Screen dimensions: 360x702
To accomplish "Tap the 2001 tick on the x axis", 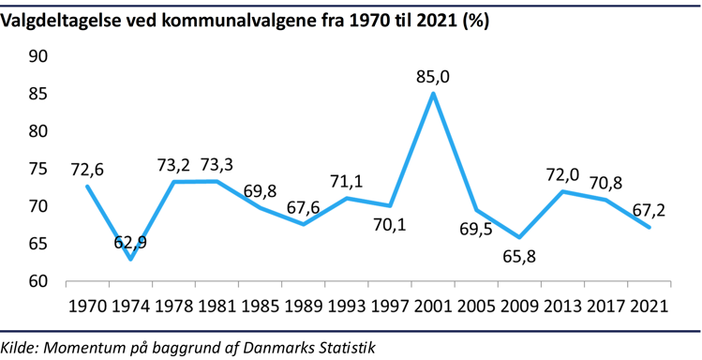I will (433, 308).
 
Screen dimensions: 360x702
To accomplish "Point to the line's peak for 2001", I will (433, 93).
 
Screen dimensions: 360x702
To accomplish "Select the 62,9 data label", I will (131, 244).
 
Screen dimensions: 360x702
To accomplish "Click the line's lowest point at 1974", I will (131, 259).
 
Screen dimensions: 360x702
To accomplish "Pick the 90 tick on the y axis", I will (38, 57).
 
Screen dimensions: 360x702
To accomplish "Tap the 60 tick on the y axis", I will (38, 281).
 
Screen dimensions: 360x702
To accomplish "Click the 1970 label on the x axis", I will (87, 308).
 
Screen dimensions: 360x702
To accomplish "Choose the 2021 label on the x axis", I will (649, 308).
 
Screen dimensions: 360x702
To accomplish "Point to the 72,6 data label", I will (87, 170).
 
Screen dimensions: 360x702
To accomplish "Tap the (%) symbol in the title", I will (473, 20).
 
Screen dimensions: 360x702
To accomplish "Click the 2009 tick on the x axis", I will (520, 308).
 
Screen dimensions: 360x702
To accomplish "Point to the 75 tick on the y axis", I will (38, 170).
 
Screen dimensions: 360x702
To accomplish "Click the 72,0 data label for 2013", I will (561, 174).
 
